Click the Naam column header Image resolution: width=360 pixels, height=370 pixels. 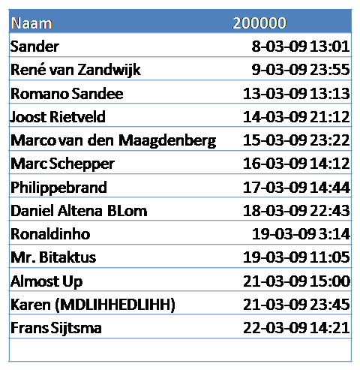(31, 23)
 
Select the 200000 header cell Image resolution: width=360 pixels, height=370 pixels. (259, 23)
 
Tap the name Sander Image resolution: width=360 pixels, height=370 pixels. (34, 47)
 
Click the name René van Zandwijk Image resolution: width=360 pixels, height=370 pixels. (76, 70)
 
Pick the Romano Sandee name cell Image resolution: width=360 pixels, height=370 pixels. (67, 94)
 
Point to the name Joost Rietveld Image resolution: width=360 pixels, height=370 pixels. (58, 117)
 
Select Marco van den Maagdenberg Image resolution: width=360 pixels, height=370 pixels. (113, 140)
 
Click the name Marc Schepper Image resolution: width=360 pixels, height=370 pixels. (62, 164)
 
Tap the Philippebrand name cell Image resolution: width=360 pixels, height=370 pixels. (58, 188)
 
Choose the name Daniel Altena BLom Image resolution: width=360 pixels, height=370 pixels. (79, 211)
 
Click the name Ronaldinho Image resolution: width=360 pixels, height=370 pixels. (50, 234)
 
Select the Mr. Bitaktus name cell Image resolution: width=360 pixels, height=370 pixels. (53, 257)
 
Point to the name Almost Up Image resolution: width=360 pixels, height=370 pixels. (46, 281)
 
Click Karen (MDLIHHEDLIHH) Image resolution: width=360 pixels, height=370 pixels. (93, 305)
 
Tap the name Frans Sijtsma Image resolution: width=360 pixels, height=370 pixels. (56, 328)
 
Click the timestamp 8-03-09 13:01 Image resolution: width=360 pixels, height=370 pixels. (301, 47)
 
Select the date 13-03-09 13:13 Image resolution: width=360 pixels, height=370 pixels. (296, 94)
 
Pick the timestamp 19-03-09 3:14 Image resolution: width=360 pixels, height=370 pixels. (301, 234)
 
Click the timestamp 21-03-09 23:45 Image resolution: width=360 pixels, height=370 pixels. (296, 305)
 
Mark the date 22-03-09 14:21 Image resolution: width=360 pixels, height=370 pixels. (296, 328)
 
